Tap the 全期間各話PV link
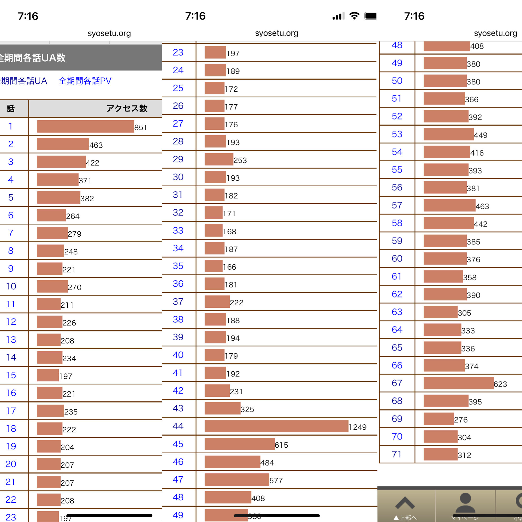(x=85, y=81)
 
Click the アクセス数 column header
(x=127, y=108)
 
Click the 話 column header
(x=11, y=108)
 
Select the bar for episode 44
(x=276, y=426)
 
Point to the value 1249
(x=358, y=427)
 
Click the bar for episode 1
(x=86, y=126)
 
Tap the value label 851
(x=141, y=128)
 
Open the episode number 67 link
(x=397, y=383)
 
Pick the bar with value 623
(x=458, y=383)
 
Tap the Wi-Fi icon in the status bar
(x=354, y=16)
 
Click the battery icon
(x=370, y=16)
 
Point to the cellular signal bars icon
(x=338, y=16)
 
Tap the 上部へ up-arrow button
(x=405, y=507)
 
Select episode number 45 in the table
(x=178, y=444)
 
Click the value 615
(x=281, y=445)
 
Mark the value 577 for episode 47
(x=276, y=481)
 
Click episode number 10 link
(x=11, y=286)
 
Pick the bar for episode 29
(x=219, y=159)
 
